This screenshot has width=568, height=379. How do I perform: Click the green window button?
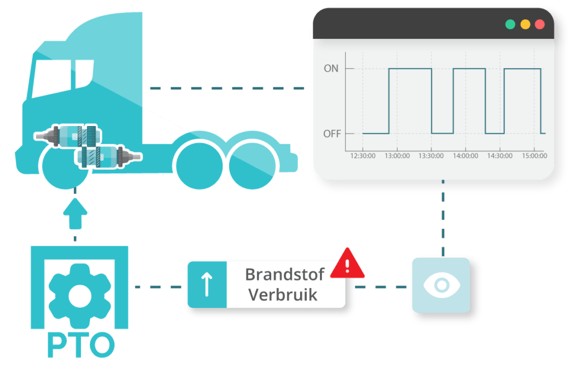510,24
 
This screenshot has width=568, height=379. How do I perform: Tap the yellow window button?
525,24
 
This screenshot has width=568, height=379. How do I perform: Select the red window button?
539,24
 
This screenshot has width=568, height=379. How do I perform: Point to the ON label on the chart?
331,69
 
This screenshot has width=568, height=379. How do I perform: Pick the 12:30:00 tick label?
362,156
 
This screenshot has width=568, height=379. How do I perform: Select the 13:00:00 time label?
397,156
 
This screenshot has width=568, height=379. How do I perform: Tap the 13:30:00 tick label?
431,156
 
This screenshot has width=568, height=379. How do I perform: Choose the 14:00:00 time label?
465,156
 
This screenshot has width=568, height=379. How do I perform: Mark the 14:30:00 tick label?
500,156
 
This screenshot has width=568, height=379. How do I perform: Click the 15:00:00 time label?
534,156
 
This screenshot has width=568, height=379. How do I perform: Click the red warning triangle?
347,264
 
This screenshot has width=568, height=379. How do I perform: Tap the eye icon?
441,285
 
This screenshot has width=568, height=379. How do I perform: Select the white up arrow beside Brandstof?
207,285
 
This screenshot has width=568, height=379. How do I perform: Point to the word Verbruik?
282,295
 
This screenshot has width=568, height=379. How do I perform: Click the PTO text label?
80,345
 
